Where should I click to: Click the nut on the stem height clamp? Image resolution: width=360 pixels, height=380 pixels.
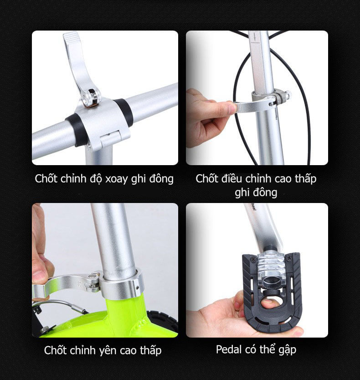tap(287, 95)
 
